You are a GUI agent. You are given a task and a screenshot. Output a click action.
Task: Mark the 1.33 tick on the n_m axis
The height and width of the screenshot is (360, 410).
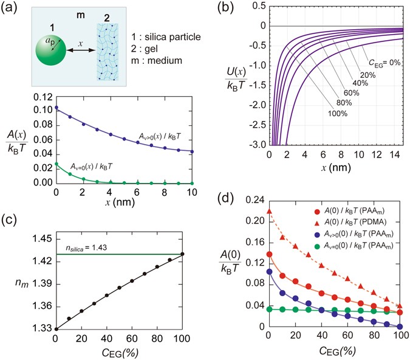(x=41, y=329)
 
